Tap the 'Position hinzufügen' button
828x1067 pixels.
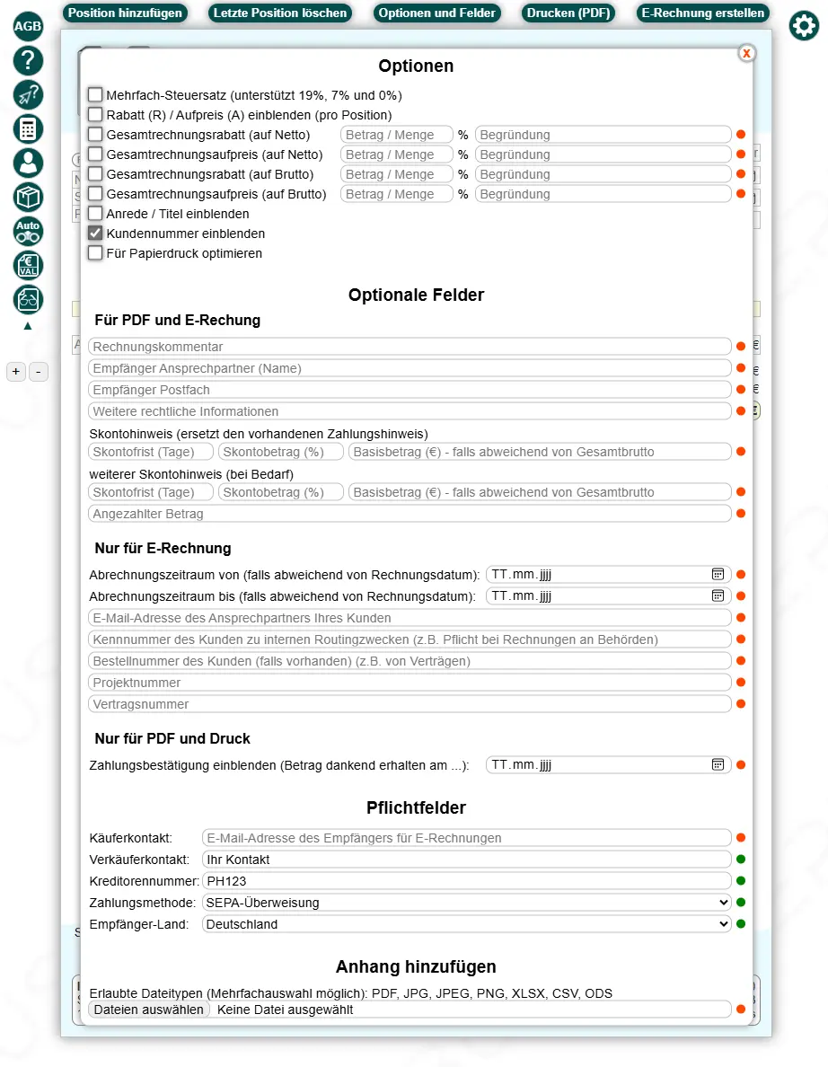click(x=125, y=13)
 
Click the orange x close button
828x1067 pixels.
click(x=746, y=54)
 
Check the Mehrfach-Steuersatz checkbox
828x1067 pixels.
click(x=95, y=94)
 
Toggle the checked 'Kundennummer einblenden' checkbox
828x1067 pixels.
click(x=95, y=233)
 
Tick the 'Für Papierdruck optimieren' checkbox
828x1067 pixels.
click(x=95, y=252)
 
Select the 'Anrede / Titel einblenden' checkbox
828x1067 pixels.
click(x=95, y=213)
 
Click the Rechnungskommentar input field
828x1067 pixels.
click(x=410, y=347)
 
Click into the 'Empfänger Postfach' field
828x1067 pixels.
click(x=410, y=390)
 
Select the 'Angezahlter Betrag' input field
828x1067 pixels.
click(x=410, y=514)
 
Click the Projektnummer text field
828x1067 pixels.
click(x=410, y=683)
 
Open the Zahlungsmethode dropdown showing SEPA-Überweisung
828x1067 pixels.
click(x=467, y=903)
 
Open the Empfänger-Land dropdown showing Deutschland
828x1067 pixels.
click(x=467, y=924)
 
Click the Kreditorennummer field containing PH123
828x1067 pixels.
click(x=467, y=881)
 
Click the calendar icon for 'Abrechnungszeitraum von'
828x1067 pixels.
click(x=718, y=574)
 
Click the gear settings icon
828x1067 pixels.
click(x=804, y=26)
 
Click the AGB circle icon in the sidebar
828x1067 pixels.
click(x=28, y=26)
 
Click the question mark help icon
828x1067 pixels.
click(x=28, y=60)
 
